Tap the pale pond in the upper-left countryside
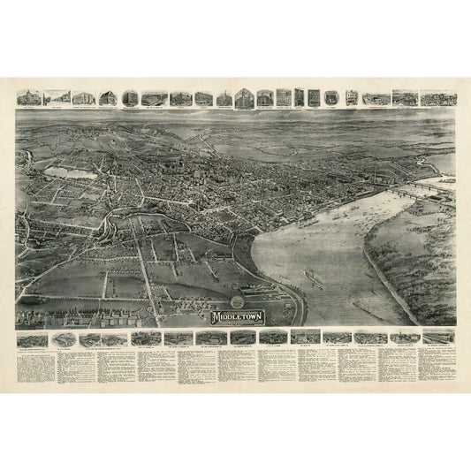click(x=71, y=173)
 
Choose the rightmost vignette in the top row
click(x=438, y=97)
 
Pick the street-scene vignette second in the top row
click(x=57, y=97)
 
